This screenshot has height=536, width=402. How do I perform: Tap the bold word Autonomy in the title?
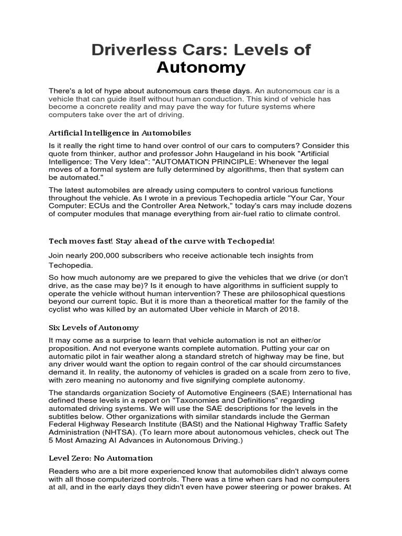point(202,68)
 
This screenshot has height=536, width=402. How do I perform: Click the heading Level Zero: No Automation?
point(100,458)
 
